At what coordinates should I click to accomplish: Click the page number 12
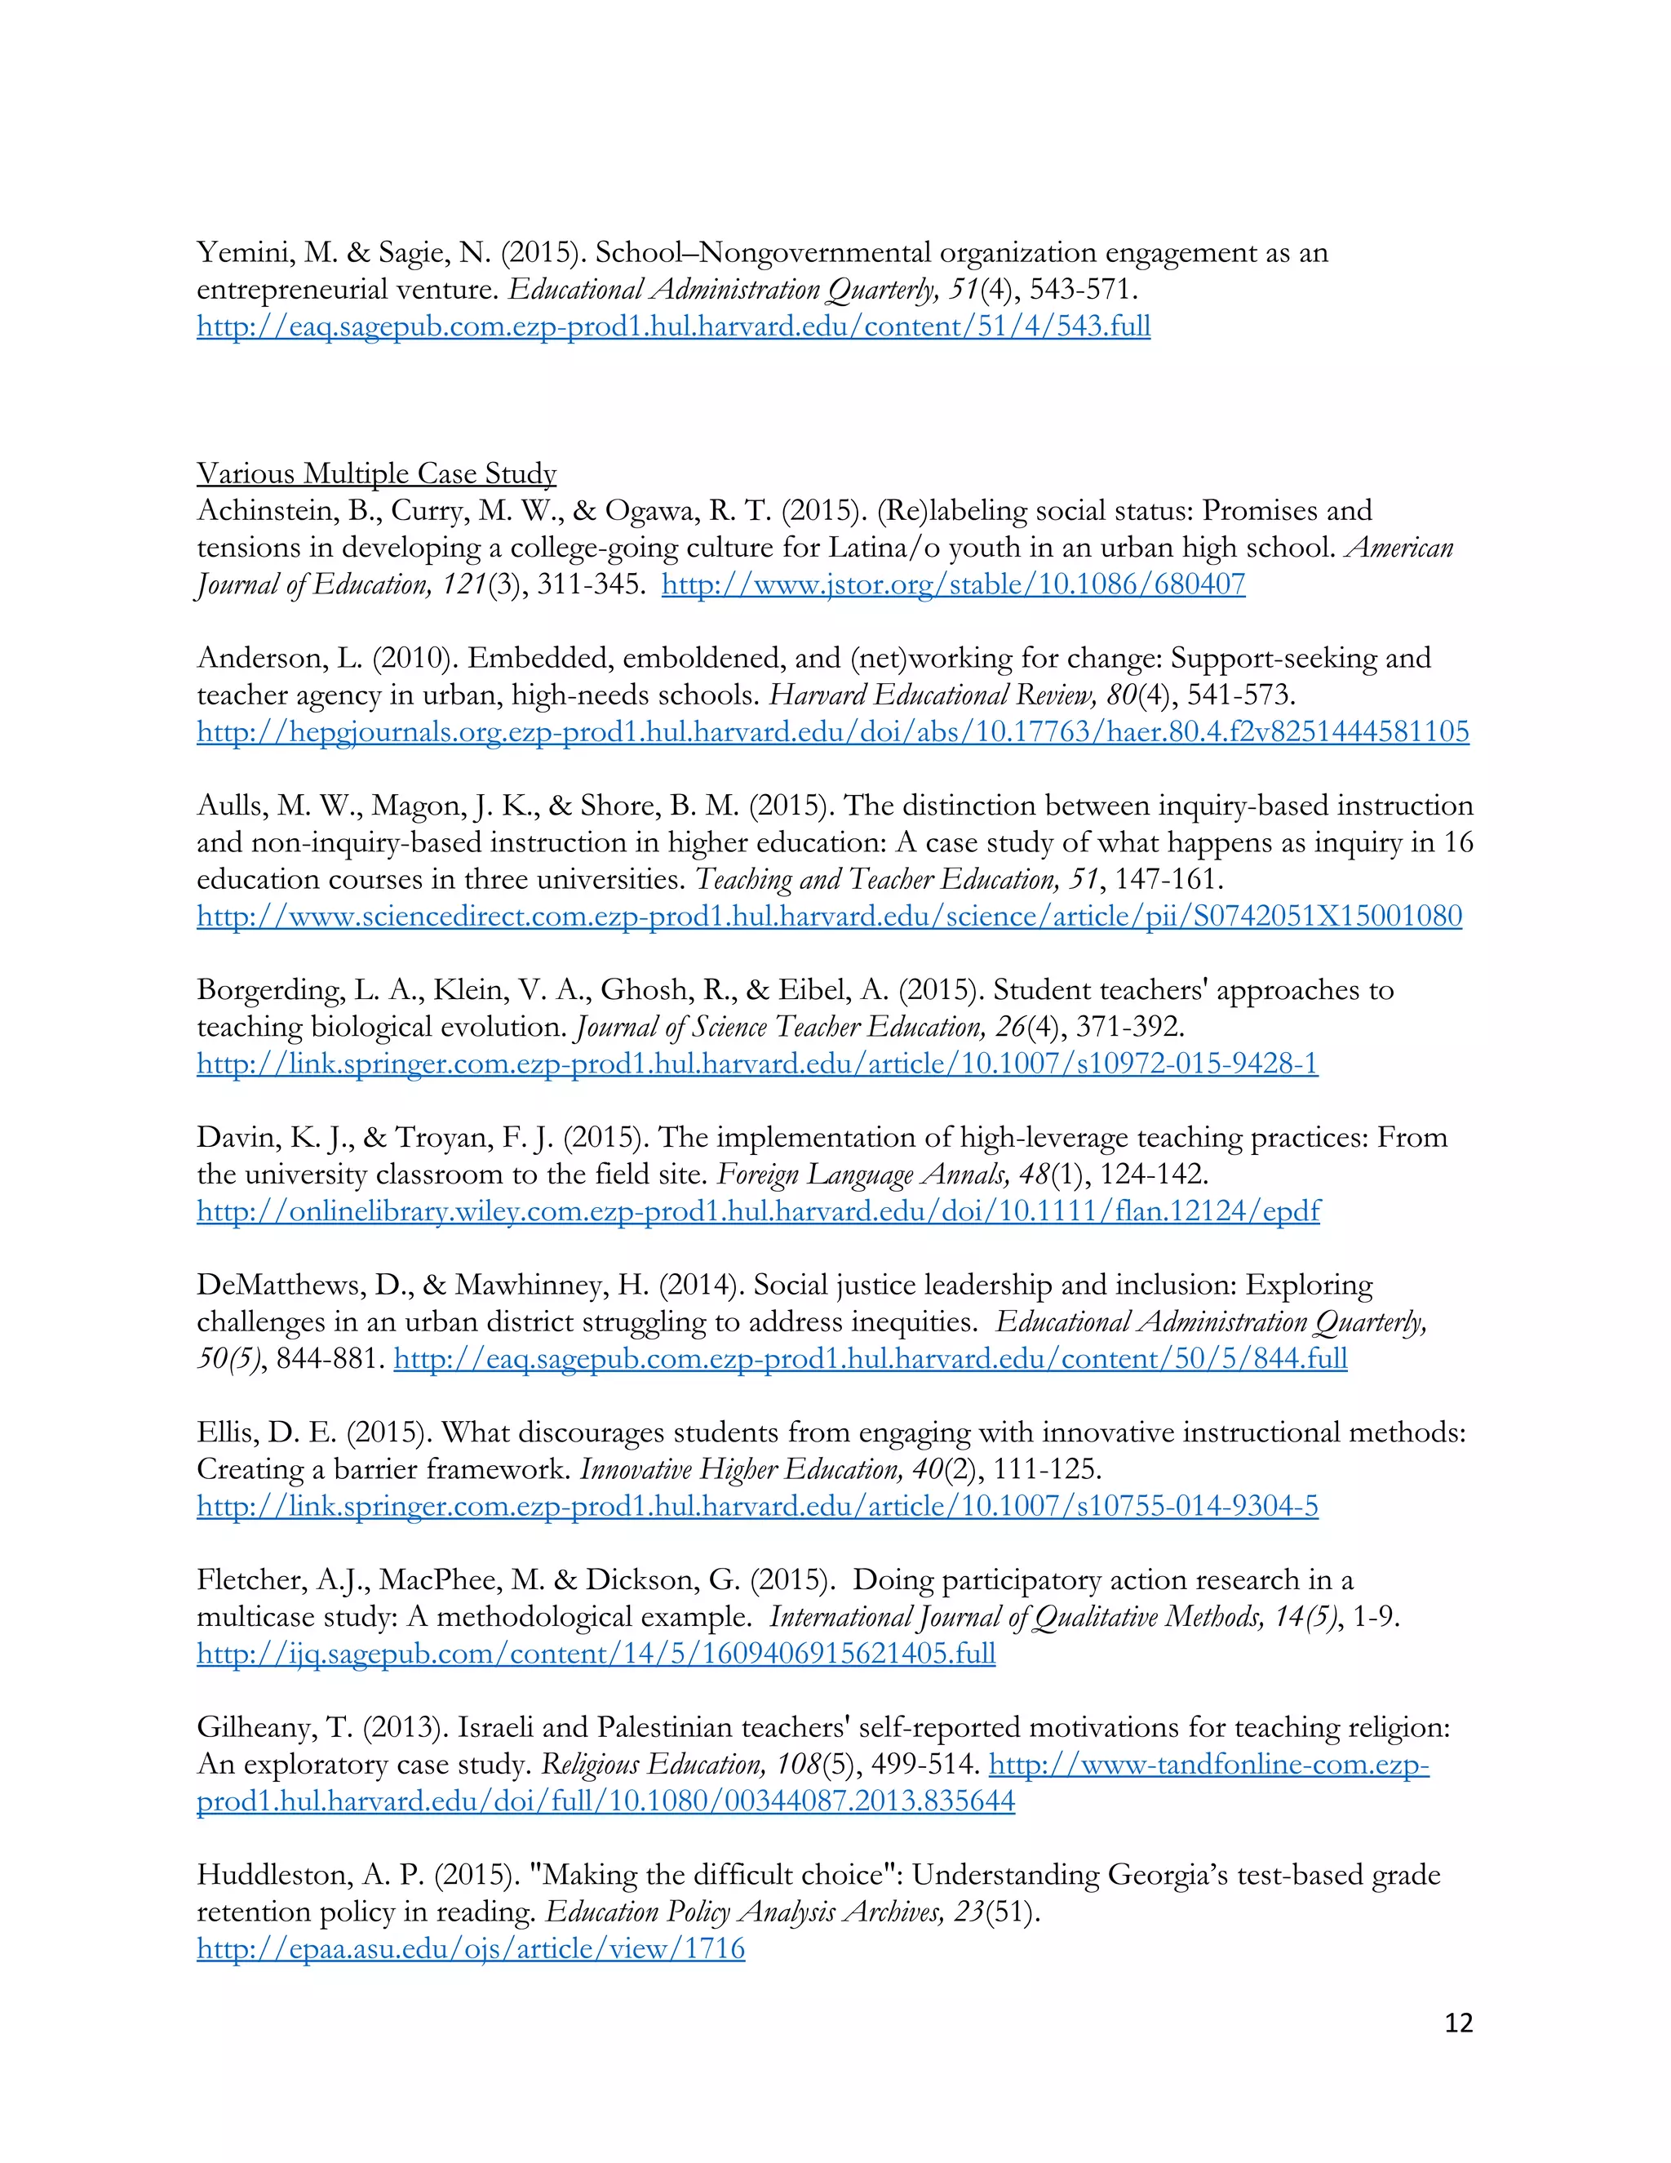click(1458, 2023)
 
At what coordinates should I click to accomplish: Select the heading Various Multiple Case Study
click(376, 473)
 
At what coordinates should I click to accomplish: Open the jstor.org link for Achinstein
click(952, 584)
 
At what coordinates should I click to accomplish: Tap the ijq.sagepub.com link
click(596, 1653)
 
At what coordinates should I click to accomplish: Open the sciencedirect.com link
click(829, 915)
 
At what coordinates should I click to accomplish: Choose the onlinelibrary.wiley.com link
click(757, 1210)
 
